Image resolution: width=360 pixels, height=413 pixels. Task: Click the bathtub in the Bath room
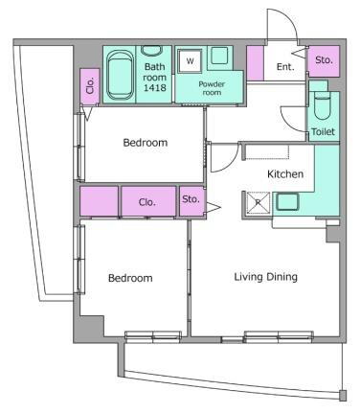click(120, 75)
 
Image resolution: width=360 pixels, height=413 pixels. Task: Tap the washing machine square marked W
click(190, 60)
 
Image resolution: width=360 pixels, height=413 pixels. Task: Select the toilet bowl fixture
click(323, 105)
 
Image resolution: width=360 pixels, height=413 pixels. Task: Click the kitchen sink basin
click(287, 201)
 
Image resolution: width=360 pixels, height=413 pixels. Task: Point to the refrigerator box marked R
click(258, 202)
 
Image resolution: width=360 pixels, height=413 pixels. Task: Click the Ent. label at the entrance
click(285, 67)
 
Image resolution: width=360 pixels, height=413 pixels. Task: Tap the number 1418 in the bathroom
click(154, 87)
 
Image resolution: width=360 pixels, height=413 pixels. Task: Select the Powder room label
click(212, 88)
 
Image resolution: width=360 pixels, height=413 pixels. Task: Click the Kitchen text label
click(285, 174)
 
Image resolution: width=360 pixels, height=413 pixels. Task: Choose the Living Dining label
click(266, 277)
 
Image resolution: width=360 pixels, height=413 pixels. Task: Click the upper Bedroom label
click(146, 143)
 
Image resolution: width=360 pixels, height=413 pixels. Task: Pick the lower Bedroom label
click(130, 278)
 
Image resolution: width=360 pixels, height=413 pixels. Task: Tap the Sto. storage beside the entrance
click(324, 61)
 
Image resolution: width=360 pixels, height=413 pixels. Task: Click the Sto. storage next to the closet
click(191, 200)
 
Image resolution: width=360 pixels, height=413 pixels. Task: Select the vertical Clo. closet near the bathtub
click(90, 86)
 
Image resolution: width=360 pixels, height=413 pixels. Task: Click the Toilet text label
click(323, 131)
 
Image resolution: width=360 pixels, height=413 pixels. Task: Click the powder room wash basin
click(219, 56)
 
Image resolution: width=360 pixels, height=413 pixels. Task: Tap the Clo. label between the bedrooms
click(147, 202)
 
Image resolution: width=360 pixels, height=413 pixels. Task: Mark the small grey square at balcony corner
click(343, 396)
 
